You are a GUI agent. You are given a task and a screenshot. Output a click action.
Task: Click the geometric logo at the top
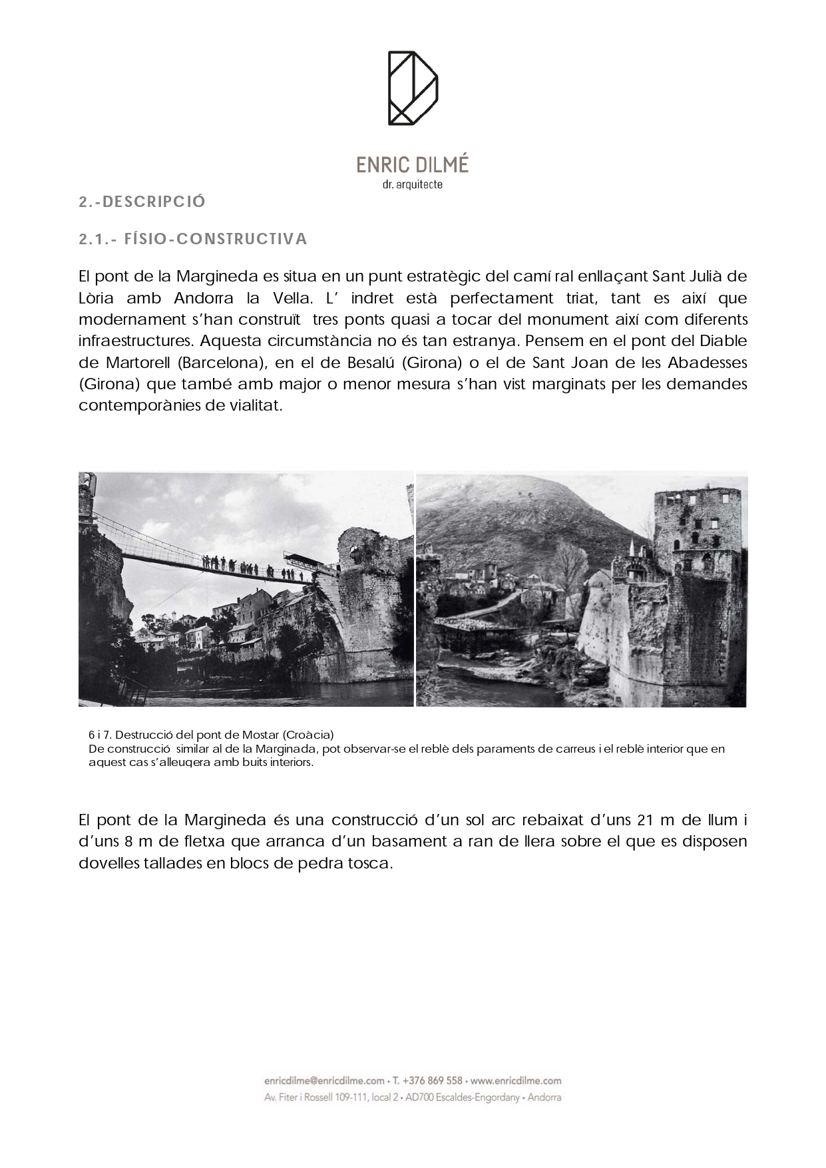tap(413, 88)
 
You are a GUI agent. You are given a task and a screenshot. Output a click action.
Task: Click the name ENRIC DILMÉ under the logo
tap(413, 164)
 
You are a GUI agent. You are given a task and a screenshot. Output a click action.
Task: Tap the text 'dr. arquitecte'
tap(413, 185)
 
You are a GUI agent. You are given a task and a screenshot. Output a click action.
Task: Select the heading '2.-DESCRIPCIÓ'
tap(142, 202)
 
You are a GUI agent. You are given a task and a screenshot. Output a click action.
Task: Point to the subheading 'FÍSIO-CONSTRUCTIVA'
tap(216, 239)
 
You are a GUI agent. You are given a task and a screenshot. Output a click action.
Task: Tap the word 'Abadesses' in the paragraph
tap(708, 363)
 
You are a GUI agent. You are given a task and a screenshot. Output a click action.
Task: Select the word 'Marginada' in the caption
tap(286, 749)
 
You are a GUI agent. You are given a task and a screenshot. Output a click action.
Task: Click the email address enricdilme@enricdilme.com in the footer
tap(324, 1080)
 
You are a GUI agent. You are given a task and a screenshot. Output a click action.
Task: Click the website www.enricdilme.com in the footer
tap(516, 1080)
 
